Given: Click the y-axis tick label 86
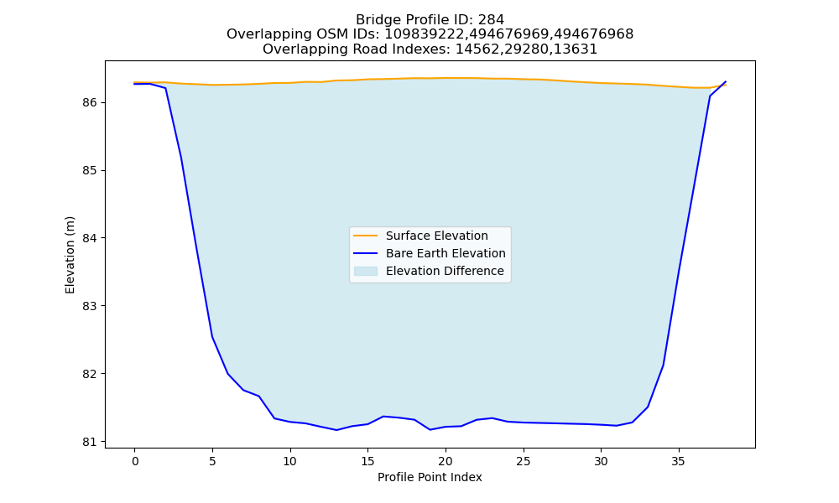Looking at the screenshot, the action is [x=91, y=102].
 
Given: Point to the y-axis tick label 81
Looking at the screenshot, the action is [x=91, y=442].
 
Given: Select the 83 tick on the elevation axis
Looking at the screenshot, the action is [x=91, y=306].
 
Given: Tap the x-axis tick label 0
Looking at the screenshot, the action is [x=135, y=461].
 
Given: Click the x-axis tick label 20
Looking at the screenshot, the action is [x=446, y=461].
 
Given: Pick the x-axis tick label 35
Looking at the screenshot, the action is [x=679, y=461].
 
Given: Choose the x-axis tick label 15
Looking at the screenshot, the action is [x=367, y=461].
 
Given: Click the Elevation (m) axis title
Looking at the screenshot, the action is [x=70, y=255].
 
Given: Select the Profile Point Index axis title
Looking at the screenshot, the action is [x=430, y=477].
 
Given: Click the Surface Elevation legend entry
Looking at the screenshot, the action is [x=436, y=236].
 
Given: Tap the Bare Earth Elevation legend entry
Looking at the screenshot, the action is [x=446, y=253].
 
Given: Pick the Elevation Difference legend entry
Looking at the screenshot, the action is [x=445, y=271].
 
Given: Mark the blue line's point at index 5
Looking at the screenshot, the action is [x=212, y=337].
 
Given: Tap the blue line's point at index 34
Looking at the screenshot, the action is [x=664, y=365].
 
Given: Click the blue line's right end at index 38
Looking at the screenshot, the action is [x=726, y=82].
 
